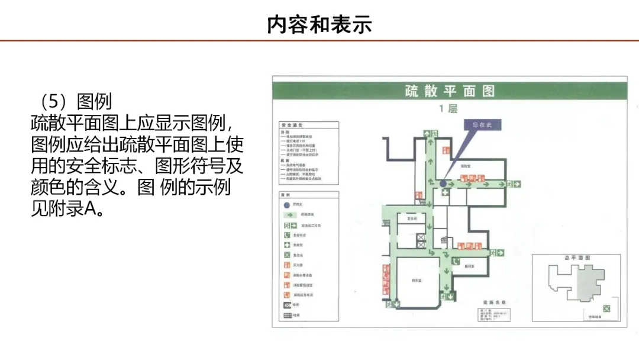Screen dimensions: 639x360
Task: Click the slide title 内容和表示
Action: coord(319,25)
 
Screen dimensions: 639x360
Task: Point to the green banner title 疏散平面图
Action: coord(450,91)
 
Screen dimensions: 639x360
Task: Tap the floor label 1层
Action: coord(448,109)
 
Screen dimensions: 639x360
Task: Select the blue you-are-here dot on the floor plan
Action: coord(443,184)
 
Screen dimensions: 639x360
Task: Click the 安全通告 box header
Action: coord(292,126)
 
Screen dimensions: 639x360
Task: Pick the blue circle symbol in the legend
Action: coord(288,204)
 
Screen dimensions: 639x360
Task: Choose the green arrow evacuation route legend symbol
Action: coord(288,215)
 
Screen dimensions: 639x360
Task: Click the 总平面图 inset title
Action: coord(577,259)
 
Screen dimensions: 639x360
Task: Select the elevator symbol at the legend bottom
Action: coord(288,305)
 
